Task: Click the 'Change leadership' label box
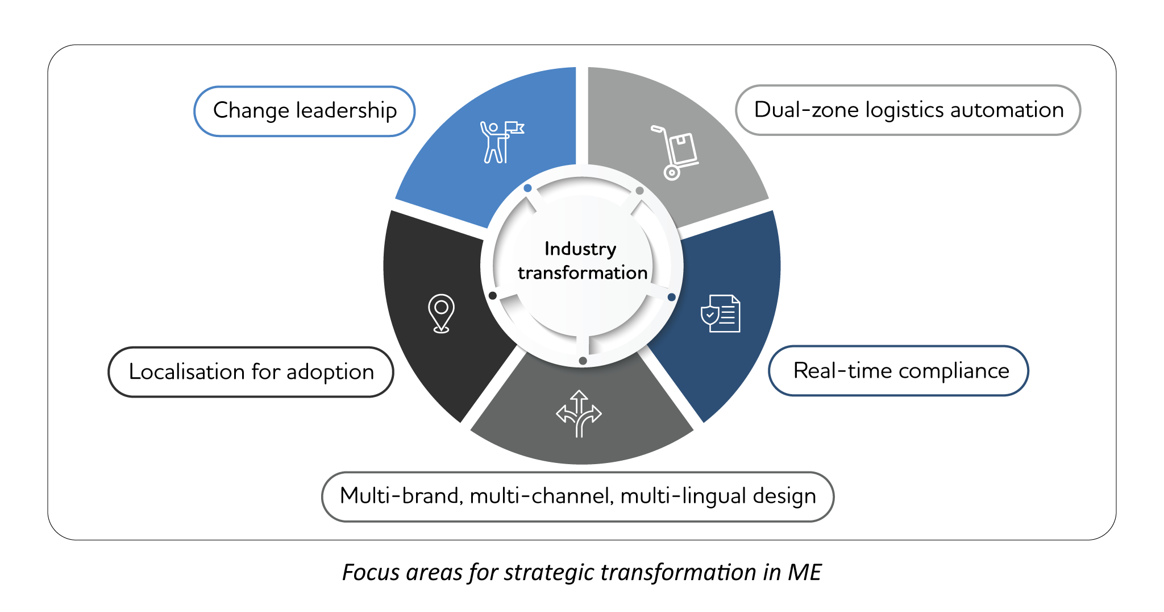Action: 304,111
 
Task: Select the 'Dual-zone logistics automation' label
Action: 908,110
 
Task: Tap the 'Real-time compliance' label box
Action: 898,371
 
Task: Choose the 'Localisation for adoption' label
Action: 251,372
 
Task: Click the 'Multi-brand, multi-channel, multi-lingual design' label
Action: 577,496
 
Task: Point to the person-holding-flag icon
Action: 500,142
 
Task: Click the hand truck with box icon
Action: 676,152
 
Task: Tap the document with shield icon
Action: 721,313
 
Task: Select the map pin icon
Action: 441,313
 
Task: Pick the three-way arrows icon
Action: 579,413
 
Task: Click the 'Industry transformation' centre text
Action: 581,260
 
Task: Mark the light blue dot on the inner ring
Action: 527,188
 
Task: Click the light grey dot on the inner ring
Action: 639,191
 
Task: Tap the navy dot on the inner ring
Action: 671,297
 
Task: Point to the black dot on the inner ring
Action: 493,296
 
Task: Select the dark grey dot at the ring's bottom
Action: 583,361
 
